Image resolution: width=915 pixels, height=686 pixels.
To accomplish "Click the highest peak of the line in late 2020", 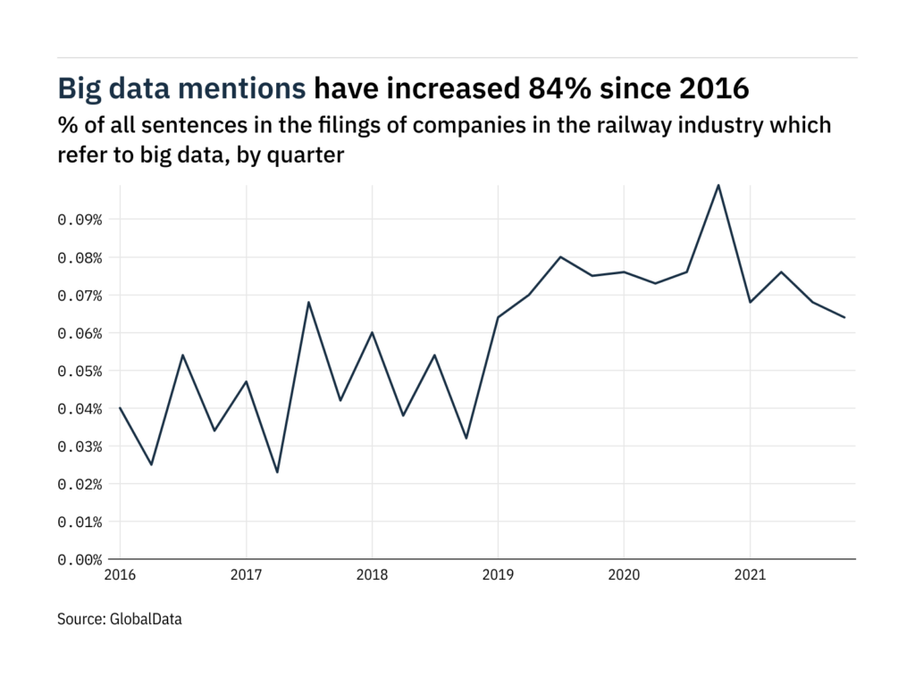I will (x=718, y=185).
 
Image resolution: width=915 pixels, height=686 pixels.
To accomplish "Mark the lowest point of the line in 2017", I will (x=277, y=472).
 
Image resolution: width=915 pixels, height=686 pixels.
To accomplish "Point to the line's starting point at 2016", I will (x=120, y=408).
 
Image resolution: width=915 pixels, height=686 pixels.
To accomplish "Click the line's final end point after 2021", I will (x=844, y=317).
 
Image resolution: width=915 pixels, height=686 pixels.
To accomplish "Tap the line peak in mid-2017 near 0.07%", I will (x=308, y=302).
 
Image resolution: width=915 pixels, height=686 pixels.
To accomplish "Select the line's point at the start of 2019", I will (x=498, y=317).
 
